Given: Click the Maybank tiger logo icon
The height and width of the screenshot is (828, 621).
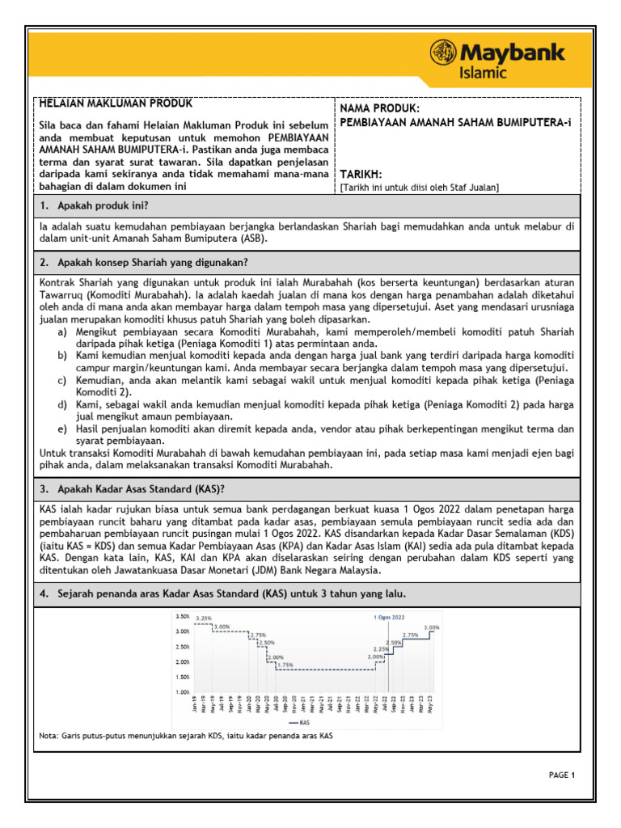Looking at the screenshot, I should pos(443,53).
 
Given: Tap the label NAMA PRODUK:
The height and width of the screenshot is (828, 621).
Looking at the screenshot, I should pos(379,108).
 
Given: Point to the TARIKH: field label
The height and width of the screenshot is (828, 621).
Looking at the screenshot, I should pos(361,175).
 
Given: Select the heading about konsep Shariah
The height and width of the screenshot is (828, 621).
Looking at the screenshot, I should pos(143,262).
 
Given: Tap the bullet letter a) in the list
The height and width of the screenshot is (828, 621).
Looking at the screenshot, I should pos(62,332).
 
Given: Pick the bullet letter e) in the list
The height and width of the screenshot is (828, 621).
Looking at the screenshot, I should pos(62,429).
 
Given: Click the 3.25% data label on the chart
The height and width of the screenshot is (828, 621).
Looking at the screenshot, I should pos(203,619).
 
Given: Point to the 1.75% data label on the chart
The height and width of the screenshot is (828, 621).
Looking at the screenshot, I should pos(285,665).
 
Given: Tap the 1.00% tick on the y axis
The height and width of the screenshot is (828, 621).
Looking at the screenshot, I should pos(182,692).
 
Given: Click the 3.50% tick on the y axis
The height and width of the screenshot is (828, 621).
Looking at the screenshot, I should pos(182,616).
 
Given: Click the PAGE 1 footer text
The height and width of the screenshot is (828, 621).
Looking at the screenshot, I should pos(561,775).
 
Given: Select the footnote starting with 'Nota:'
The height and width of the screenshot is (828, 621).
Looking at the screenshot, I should pos(185,736).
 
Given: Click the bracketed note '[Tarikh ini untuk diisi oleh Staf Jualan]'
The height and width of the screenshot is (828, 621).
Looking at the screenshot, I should pos(419,188).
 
